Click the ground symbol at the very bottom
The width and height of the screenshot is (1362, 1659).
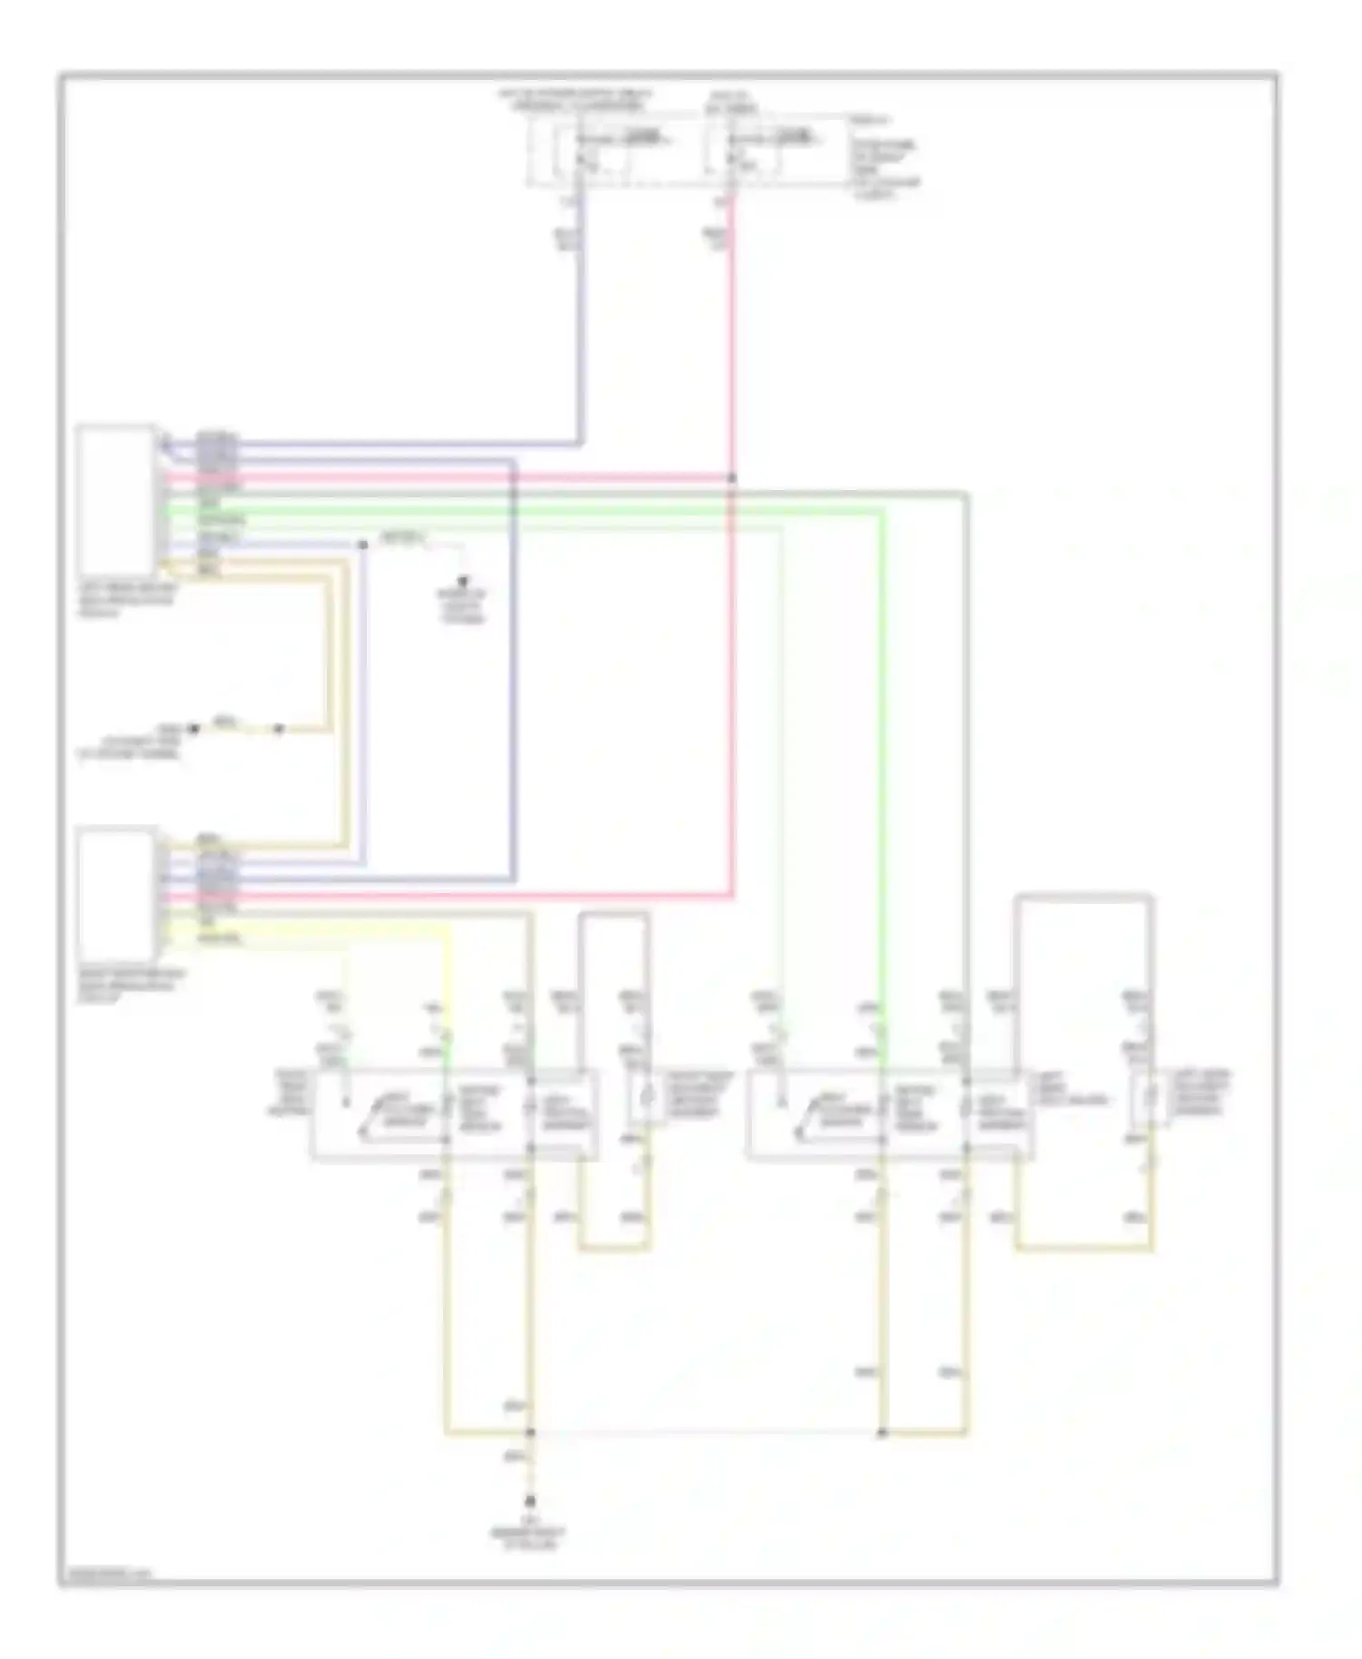pyautogui.click(x=531, y=1500)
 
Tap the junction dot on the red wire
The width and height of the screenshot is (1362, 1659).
pyautogui.click(x=732, y=477)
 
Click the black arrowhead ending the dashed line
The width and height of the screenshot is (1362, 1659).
pyautogui.click(x=464, y=581)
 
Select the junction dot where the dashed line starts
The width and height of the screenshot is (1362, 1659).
pyautogui.click(x=362, y=545)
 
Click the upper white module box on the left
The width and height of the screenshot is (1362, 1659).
pyautogui.click(x=116, y=500)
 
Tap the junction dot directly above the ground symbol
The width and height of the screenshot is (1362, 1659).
pyautogui.click(x=531, y=1433)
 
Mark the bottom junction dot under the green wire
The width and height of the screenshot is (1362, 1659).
pyautogui.click(x=882, y=1433)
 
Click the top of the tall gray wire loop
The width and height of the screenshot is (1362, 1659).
pyautogui.click(x=1084, y=897)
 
